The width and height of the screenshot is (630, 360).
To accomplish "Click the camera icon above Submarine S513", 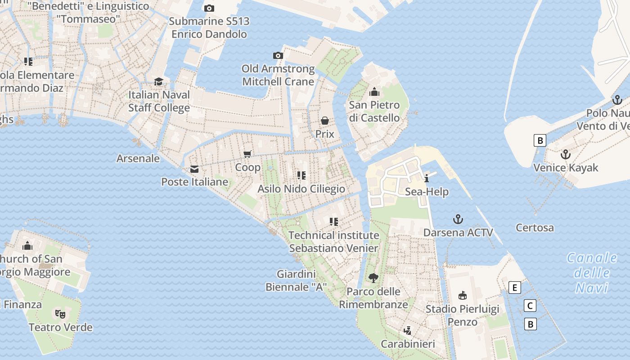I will tap(209, 8).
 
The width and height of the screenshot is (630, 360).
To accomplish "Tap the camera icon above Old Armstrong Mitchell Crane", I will tap(278, 55).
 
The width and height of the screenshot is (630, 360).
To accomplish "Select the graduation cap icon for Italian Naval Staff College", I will tap(158, 81).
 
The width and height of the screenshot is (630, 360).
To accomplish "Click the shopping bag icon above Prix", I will tap(324, 121).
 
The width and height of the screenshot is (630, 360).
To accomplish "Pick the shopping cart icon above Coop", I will tap(247, 154).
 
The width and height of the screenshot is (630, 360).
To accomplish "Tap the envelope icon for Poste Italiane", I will tap(194, 169).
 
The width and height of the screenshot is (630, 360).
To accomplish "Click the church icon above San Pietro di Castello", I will tap(374, 92).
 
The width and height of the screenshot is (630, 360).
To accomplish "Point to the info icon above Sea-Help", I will tap(427, 178).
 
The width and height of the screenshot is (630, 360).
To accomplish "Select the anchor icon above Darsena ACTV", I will tap(458, 219).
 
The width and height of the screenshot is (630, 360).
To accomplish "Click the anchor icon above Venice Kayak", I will tap(565, 154).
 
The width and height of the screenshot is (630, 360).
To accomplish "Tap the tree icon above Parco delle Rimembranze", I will tap(373, 278).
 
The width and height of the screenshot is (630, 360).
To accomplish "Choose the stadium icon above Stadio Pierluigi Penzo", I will tap(462, 295).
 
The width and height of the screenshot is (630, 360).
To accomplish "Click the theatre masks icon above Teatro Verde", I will tap(60, 314).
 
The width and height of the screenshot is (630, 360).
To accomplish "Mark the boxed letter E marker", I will tap(514, 288).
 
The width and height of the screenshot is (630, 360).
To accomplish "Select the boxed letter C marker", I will tap(530, 306).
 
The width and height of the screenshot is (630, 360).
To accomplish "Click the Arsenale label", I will tap(138, 158).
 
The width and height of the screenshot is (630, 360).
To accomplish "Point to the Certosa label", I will tap(535, 228).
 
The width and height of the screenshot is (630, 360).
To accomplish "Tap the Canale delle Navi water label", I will tap(592, 273).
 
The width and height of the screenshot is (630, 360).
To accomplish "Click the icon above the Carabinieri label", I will tap(408, 331).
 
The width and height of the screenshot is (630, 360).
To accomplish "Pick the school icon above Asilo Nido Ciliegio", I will tap(301, 175).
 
